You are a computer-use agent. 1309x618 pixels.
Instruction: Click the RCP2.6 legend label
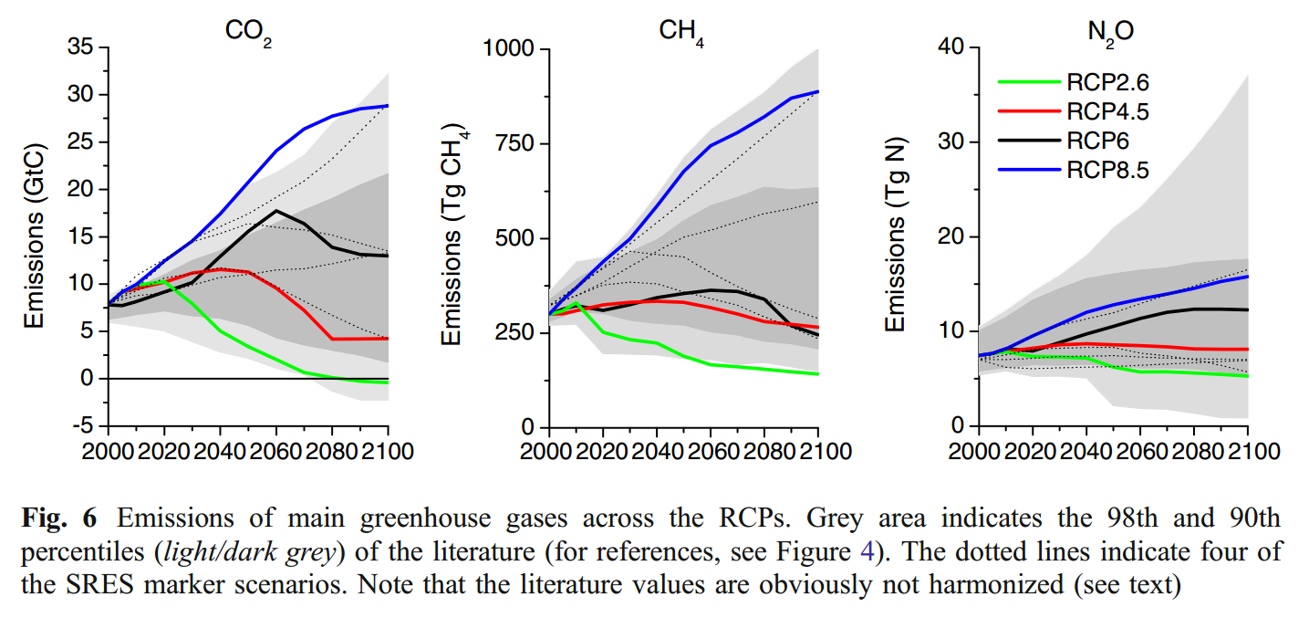(1106, 83)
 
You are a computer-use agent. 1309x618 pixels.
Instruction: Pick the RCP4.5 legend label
(1106, 112)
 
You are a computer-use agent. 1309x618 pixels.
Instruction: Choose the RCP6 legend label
(1096, 141)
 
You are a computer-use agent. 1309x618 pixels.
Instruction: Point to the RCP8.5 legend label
(1106, 170)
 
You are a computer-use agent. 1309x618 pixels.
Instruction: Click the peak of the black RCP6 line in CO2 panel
(276, 211)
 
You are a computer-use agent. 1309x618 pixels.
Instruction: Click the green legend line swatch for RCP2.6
(1027, 83)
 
